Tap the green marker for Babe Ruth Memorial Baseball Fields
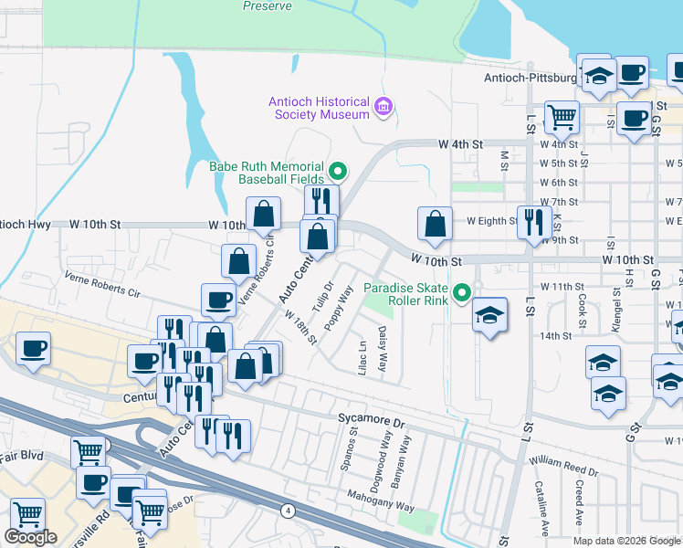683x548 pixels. pos(338,170)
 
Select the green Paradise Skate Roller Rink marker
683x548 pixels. pos(463,293)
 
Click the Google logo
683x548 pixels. pos(31,537)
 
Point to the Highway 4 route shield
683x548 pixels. pos(289,512)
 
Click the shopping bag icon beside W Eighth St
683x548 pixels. pos(436,224)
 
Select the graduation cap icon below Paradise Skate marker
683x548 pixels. pos(490,315)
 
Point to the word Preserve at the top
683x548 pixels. pos(268,6)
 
